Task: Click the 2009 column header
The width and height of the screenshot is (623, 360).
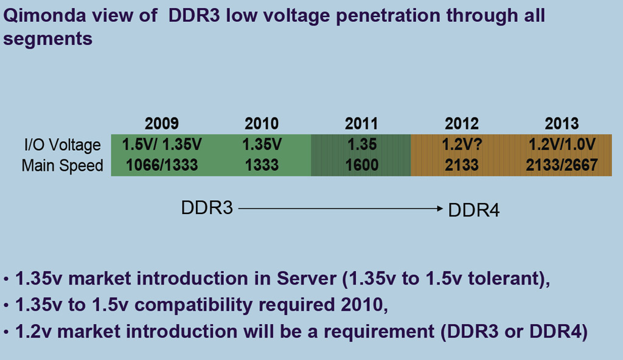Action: (162, 124)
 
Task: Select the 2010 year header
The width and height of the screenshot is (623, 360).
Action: (262, 124)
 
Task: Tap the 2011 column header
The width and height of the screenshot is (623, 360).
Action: (361, 124)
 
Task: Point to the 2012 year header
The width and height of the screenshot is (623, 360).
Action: (462, 124)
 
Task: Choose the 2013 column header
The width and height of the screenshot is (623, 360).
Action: (562, 124)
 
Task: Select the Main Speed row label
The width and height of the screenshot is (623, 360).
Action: (62, 165)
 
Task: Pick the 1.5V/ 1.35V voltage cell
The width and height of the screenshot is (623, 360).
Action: (162, 145)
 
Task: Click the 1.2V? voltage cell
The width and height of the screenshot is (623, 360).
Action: (462, 145)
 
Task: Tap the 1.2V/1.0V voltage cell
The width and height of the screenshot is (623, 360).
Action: (562, 145)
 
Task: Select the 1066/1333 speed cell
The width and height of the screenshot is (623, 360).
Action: (162, 165)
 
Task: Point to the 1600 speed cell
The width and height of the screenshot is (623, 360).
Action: (361, 165)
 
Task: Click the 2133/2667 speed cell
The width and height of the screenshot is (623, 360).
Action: (562, 165)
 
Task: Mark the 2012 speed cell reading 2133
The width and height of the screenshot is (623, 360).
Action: (462, 165)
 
